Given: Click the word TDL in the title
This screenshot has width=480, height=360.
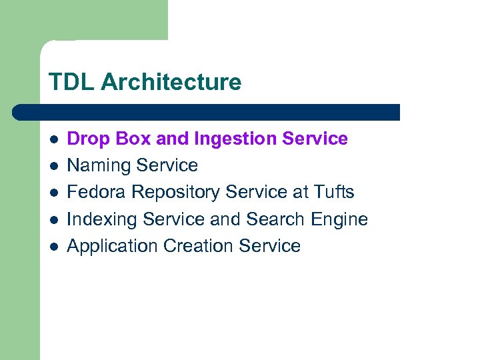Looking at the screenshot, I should pos(69,83).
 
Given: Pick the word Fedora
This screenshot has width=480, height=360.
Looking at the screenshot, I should pos(97,192).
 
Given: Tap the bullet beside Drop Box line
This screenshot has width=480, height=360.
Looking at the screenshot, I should pos(54,139).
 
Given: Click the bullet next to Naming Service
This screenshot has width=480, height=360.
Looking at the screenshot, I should pos(54,166).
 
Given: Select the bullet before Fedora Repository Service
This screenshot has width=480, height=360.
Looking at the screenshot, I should pos(54,193).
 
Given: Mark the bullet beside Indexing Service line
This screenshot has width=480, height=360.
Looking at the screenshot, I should pos(54,219).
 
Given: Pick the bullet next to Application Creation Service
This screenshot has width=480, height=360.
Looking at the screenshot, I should pos(54,246).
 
